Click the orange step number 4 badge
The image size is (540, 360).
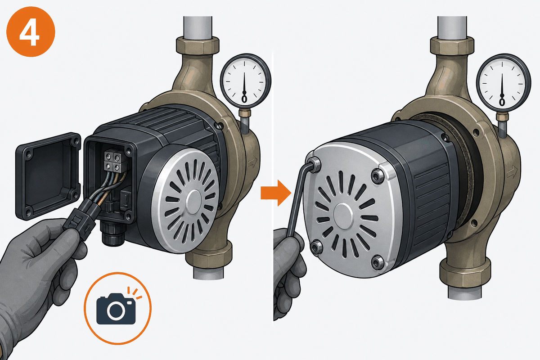click(x=31, y=32)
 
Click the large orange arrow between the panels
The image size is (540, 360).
click(x=276, y=193)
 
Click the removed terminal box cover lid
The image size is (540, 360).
click(x=48, y=176)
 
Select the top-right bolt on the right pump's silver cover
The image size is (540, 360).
click(x=378, y=176)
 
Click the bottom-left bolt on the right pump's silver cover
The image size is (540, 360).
click(x=316, y=247)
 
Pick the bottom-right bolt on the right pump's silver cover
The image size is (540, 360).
click(x=378, y=263)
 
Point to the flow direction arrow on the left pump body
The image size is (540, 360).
click(x=252, y=162)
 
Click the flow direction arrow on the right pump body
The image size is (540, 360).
click(x=512, y=172)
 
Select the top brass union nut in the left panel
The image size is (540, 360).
click(x=198, y=45)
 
